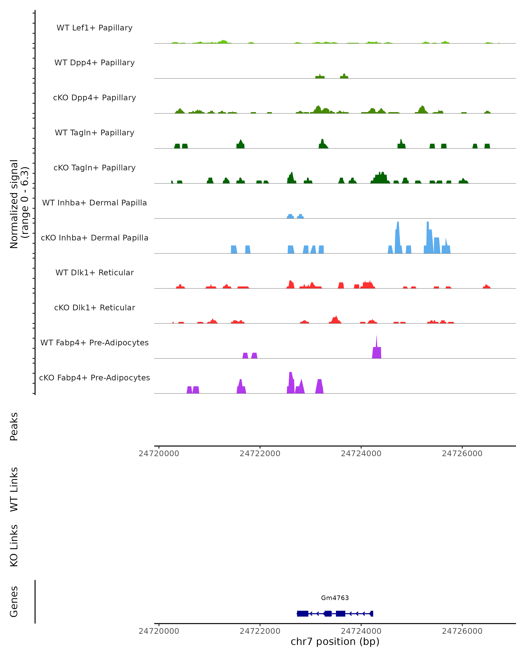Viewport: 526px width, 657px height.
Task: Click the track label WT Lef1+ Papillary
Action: pyautogui.click(x=94, y=28)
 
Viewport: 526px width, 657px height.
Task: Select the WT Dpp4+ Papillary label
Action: pyautogui.click(x=94, y=63)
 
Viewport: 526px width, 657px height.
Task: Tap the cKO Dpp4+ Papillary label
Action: pyautogui.click(x=94, y=98)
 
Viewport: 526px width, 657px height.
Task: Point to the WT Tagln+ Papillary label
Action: pyautogui.click(x=94, y=133)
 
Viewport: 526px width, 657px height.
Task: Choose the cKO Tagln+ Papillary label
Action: pyautogui.click(x=94, y=168)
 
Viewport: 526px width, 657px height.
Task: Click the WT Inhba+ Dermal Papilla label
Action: pyautogui.click(x=94, y=203)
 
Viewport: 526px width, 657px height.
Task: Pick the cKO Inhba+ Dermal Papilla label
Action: pyautogui.click(x=94, y=238)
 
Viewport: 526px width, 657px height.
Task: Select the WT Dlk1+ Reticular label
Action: pyautogui.click(x=94, y=273)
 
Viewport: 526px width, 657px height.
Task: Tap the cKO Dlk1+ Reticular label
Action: pyautogui.click(x=94, y=308)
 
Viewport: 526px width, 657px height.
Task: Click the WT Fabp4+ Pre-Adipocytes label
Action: pyautogui.click(x=94, y=343)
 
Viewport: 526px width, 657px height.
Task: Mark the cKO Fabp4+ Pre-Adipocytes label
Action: pyautogui.click(x=94, y=378)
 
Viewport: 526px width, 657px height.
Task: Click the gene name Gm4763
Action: pyautogui.click(x=335, y=598)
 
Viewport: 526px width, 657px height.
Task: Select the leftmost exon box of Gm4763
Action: pyautogui.click(x=302, y=614)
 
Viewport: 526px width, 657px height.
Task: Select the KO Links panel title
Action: pyautogui.click(x=14, y=546)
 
